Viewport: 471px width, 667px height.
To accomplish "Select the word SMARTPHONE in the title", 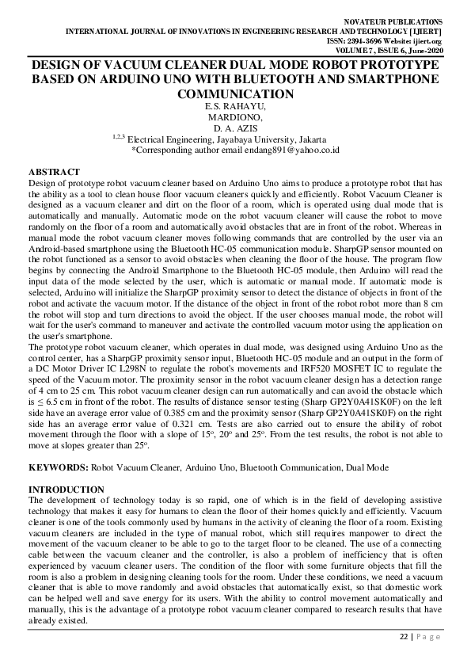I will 386,79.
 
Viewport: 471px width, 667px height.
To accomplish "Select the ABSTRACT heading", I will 54,171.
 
